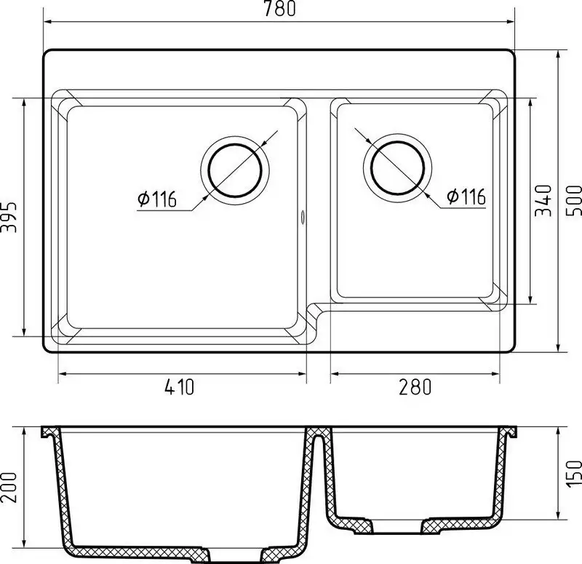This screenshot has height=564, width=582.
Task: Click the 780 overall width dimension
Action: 280,8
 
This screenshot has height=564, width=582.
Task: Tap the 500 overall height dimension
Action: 574,201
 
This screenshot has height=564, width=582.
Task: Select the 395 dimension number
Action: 9,217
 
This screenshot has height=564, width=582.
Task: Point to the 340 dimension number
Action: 543,201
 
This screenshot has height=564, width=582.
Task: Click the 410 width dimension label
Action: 179,386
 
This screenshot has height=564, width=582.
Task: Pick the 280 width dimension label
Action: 415,386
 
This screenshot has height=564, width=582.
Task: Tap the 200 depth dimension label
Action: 9,488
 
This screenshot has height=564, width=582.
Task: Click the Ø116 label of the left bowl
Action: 156,199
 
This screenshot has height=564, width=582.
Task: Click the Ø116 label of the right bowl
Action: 466,196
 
